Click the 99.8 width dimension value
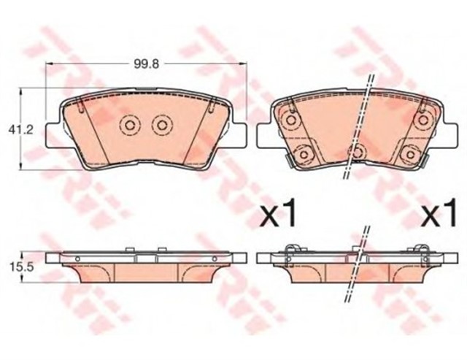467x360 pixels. point(146,64)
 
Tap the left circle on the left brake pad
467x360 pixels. point(129,125)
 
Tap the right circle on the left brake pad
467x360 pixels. point(162,125)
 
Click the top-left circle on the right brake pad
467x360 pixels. point(290,120)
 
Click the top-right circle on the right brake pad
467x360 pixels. point(423,120)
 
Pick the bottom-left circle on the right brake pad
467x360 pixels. point(304,154)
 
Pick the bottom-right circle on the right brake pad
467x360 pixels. point(411,154)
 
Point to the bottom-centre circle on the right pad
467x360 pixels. point(357,153)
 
